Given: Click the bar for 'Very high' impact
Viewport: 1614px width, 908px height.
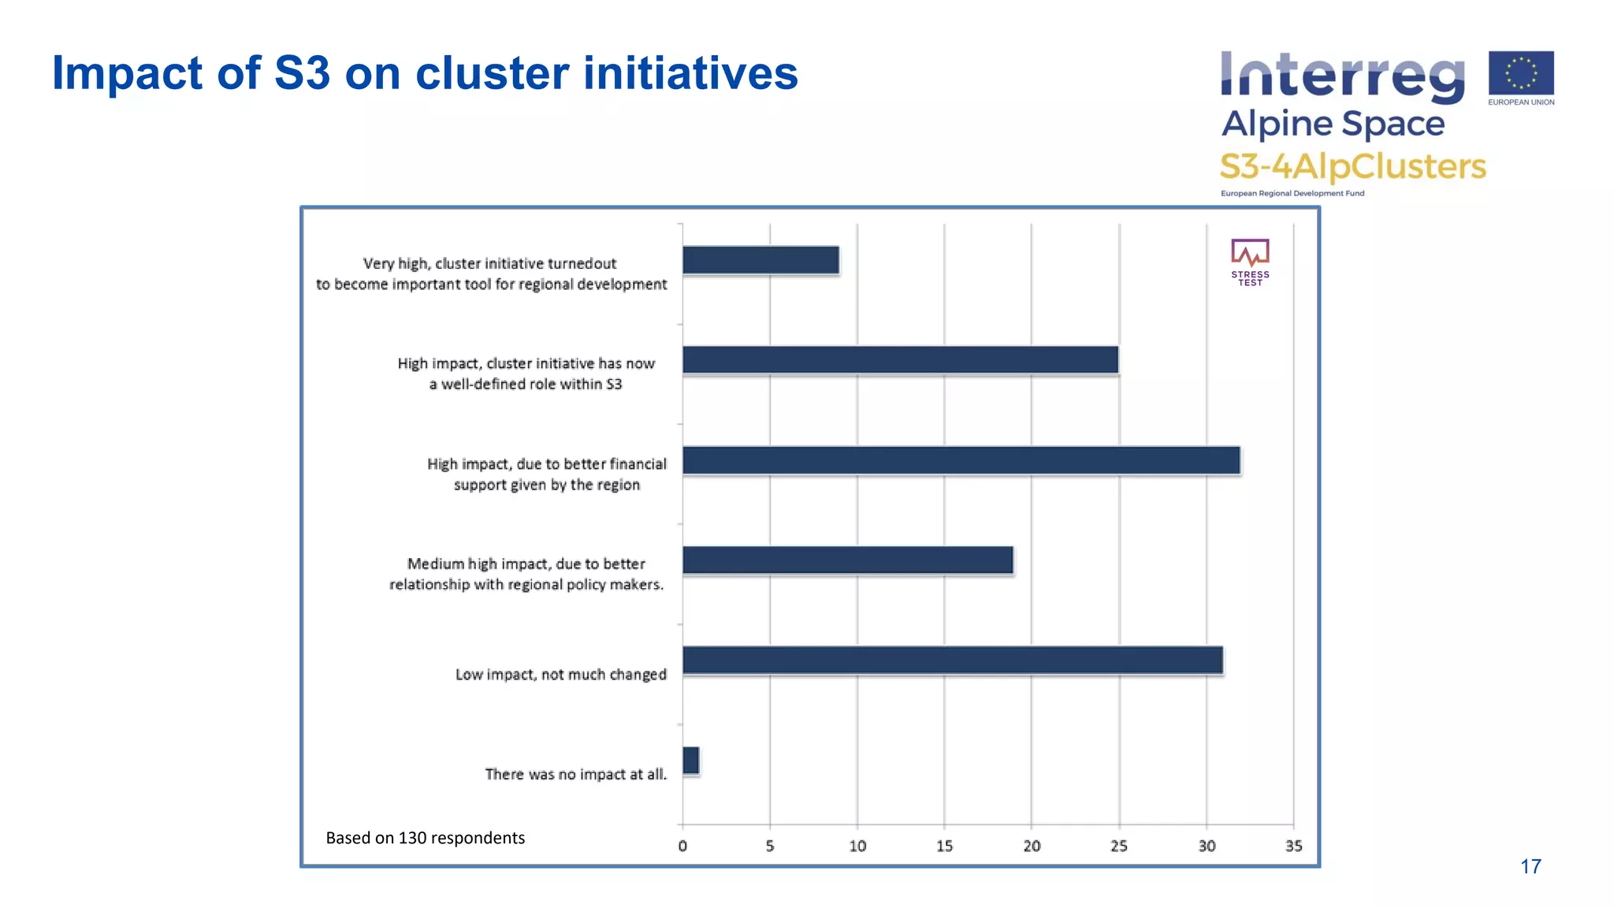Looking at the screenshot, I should (761, 260).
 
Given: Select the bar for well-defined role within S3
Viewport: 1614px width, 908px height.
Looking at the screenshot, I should (900, 359).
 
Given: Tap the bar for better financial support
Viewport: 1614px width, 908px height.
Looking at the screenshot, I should (961, 460).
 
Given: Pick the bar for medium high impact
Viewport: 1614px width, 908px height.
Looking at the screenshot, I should (847, 560).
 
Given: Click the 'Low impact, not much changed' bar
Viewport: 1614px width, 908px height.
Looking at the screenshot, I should (952, 661).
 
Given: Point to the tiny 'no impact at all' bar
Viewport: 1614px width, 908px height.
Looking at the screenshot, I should (691, 761).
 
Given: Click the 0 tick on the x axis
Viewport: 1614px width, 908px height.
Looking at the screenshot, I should (682, 846).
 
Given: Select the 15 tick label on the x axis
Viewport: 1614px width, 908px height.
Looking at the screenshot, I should (944, 846).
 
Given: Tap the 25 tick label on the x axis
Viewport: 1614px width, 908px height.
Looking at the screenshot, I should (1119, 846).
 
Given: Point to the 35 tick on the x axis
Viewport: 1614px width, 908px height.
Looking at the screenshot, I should (1293, 846).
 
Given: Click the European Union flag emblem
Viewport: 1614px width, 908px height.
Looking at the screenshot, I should (1521, 73).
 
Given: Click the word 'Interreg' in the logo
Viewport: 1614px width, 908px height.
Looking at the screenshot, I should (1342, 77).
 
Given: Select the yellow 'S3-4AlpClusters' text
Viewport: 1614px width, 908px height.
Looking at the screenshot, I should (1352, 166).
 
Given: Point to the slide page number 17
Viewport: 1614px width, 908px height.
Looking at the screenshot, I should (1530, 866).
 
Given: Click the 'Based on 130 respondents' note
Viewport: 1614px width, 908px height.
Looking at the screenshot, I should (425, 838).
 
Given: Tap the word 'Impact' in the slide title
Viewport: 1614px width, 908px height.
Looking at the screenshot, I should (127, 73).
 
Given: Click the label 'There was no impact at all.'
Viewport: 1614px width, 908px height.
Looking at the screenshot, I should (575, 774).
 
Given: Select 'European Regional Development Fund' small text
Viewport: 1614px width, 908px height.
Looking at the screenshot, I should (1292, 193).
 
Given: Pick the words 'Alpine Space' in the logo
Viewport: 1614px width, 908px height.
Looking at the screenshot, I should (1333, 124).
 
